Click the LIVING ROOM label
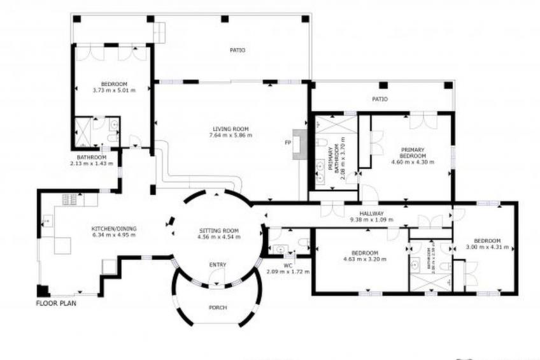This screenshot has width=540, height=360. click(231, 128)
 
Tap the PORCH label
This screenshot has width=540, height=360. click(218, 307)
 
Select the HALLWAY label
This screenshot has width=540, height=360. click(371, 213)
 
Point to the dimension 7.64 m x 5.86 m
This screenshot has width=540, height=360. click(231, 135)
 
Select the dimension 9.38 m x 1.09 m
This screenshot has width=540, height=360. click(371, 220)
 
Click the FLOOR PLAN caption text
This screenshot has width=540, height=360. click(57, 304)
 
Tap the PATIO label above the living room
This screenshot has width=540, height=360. click(238, 50)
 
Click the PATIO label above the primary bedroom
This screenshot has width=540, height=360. click(380, 99)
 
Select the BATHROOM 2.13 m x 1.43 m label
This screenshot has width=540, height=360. click(91, 161)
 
